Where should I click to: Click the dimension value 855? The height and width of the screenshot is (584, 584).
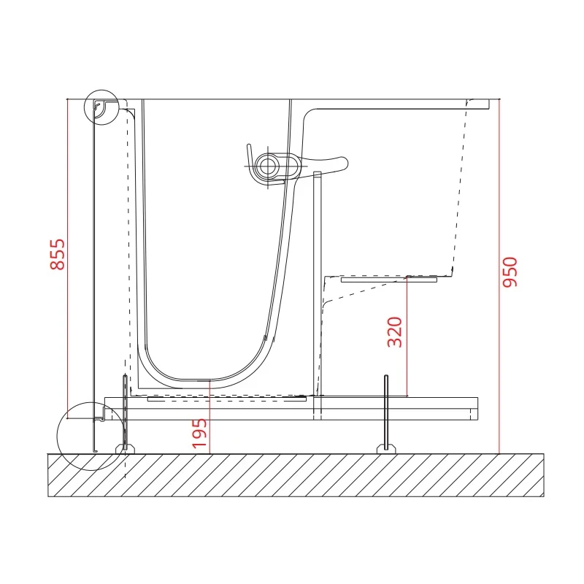58,254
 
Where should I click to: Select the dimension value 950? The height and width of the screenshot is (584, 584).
510,272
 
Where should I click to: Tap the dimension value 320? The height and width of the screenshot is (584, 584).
395,332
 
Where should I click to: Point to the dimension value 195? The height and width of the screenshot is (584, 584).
199,434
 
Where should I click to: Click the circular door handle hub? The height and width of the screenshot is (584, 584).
266,166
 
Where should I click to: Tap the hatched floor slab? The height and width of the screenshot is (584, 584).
296,475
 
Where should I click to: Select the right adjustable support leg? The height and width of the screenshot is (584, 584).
386,413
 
